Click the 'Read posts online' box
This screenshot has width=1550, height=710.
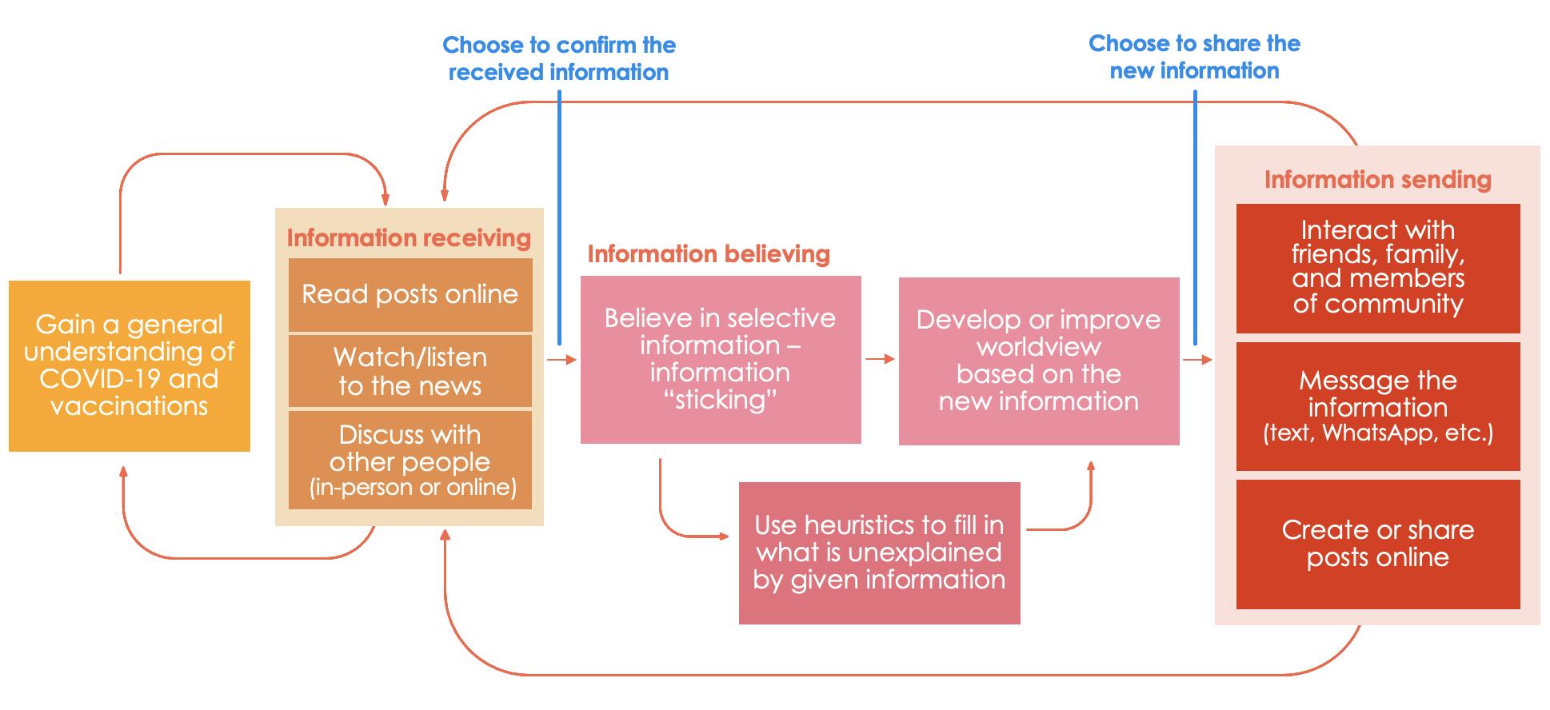(409, 294)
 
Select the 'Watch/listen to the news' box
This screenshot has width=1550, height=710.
(409, 371)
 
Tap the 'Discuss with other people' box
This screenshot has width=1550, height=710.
(409, 460)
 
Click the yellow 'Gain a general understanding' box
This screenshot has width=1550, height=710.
(130, 365)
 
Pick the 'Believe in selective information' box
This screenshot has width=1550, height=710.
(720, 359)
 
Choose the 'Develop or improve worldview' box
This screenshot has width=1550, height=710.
(1038, 361)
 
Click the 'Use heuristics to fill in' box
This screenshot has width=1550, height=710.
(879, 552)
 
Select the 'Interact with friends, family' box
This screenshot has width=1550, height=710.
(1377, 268)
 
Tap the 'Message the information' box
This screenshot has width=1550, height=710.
(1377, 406)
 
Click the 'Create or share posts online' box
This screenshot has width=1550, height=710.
(1377, 544)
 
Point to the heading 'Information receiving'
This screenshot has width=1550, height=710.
(409, 237)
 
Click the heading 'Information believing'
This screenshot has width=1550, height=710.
(709, 253)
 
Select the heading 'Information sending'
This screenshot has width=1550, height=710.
(1377, 179)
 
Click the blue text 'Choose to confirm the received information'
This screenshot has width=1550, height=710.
(559, 58)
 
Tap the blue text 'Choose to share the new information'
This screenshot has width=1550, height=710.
(1194, 57)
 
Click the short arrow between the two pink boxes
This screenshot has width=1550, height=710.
(880, 359)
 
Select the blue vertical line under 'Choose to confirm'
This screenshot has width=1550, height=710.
(559, 216)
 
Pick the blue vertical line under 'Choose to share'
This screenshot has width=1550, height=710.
(1195, 216)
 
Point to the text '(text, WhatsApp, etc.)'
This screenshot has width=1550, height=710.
(1377, 433)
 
